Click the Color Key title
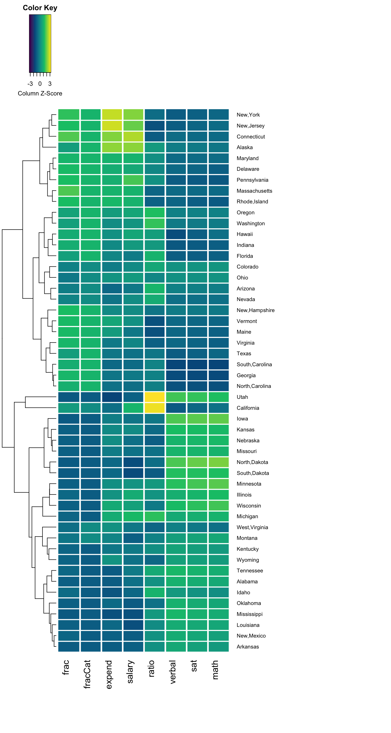pos(40,8)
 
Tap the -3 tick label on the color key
pos(30,84)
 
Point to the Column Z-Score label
pos(40,93)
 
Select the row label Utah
pos(242,397)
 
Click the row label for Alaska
pos(244,147)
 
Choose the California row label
pos(248,408)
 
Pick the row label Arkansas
pos(248,646)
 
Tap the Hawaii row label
pos(244,234)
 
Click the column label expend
pos(109,674)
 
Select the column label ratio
pos(151,668)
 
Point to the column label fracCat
pos(87,674)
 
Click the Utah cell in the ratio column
pos(155,397)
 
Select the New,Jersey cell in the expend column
pos(112,125)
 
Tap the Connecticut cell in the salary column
pos(133,137)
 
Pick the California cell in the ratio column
pos(155,408)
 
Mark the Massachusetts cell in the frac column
pos(68,191)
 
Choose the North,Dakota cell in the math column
pos(219,462)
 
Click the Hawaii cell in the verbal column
pos(176,234)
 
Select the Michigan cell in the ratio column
pos(155,516)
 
